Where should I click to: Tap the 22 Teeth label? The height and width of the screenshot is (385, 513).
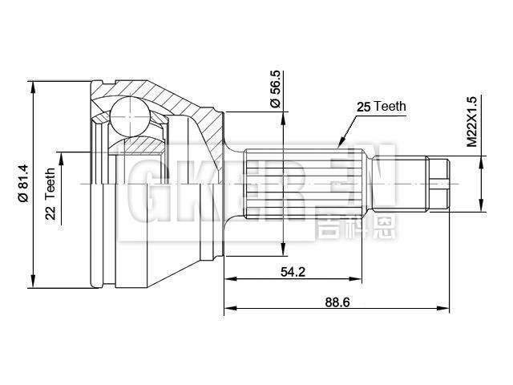point(50,194)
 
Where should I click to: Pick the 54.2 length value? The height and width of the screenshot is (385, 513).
point(293,271)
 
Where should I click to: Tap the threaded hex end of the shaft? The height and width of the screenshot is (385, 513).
point(438,184)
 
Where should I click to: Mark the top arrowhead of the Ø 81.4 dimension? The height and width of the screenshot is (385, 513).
point(34,86)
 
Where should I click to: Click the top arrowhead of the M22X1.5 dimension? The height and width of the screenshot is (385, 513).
point(480,161)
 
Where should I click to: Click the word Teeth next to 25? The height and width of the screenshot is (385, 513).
point(391,106)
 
